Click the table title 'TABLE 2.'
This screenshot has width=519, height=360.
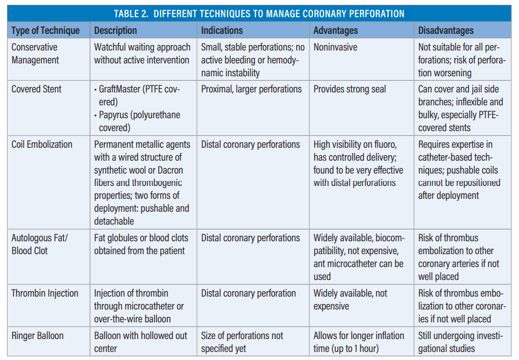(x=134, y=13)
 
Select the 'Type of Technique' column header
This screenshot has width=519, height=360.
(x=45, y=30)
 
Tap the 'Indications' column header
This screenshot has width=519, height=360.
(x=222, y=30)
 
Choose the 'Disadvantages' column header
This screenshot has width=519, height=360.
(x=446, y=30)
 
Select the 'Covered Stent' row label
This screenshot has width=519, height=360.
(x=37, y=89)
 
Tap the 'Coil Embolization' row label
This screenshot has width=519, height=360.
(x=41, y=144)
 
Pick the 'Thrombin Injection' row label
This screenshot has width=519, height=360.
(x=45, y=293)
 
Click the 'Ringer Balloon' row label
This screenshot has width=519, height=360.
(x=38, y=336)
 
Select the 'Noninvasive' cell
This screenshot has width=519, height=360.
(x=335, y=47)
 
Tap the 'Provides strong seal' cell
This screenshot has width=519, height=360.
(x=350, y=89)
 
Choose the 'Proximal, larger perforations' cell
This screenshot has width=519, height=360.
(x=251, y=89)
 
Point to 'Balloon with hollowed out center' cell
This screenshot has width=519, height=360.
(x=140, y=342)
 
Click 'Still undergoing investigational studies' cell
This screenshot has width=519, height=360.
(x=460, y=342)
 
